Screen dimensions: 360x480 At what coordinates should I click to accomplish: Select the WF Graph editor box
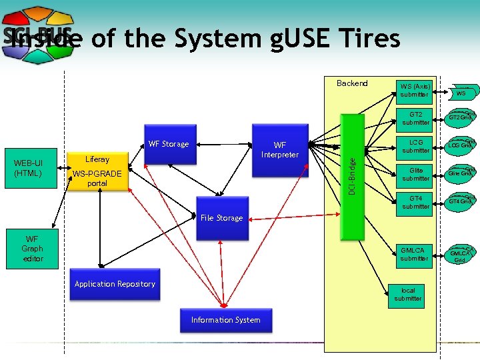pyautogui.click(x=33, y=249)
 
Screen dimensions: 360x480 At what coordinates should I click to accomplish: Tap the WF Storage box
pyautogui.click(x=169, y=144)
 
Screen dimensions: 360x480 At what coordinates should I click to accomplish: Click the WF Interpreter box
pyautogui.click(x=280, y=150)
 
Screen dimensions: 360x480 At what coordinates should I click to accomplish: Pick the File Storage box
pyautogui.click(x=221, y=218)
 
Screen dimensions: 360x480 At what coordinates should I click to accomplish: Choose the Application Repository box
pyautogui.click(x=115, y=284)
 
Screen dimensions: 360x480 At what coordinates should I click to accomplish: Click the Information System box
pyautogui.click(x=225, y=320)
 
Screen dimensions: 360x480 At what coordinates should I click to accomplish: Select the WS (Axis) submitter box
pyautogui.click(x=414, y=90)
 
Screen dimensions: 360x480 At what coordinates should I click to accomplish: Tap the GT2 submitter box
pyautogui.click(x=415, y=118)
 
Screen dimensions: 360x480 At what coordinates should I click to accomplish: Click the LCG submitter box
pyautogui.click(x=415, y=146)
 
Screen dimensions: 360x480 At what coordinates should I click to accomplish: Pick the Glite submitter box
pyautogui.click(x=415, y=174)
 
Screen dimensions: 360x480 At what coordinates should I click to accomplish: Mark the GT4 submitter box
pyautogui.click(x=415, y=202)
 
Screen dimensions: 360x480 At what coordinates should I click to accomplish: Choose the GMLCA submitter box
pyautogui.click(x=414, y=254)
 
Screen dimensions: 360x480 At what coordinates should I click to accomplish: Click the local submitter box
pyautogui.click(x=407, y=295)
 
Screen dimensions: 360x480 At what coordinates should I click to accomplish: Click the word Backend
pyautogui.click(x=352, y=83)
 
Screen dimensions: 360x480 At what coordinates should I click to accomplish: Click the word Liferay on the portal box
pyautogui.click(x=97, y=159)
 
